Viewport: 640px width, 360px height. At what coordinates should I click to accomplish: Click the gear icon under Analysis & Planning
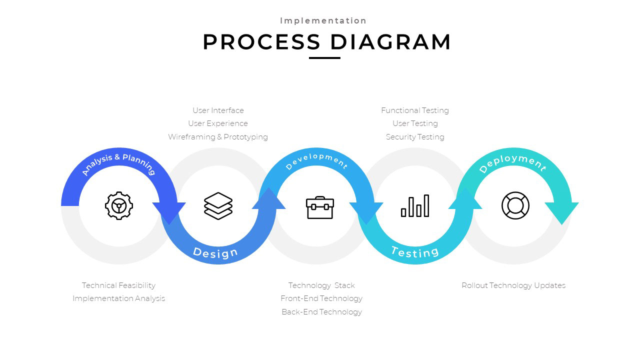(x=119, y=205)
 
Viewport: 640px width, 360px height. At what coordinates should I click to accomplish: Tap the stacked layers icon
(x=218, y=205)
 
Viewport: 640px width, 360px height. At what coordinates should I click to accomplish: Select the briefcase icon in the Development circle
(x=320, y=207)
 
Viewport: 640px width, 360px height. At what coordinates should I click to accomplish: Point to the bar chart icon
(x=415, y=206)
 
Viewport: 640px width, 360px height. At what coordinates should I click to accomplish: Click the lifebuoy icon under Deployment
(x=515, y=205)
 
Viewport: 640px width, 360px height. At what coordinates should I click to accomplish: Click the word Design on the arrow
(x=215, y=252)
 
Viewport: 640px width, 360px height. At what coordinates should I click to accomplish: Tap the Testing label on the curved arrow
(x=415, y=251)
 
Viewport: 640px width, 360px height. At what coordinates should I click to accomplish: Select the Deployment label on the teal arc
(x=512, y=162)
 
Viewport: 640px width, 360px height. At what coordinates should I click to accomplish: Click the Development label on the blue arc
(x=316, y=161)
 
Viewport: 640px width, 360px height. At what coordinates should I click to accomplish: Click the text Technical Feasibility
(x=118, y=285)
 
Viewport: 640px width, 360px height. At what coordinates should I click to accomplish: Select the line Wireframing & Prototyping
(x=218, y=137)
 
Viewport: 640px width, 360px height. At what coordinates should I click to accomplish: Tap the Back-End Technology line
(x=321, y=312)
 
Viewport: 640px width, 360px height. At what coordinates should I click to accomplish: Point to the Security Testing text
(x=415, y=137)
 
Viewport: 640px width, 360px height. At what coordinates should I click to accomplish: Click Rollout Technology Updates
(x=513, y=285)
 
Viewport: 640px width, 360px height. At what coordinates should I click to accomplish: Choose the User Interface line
(x=218, y=110)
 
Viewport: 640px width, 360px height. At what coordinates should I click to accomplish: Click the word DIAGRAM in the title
(x=390, y=42)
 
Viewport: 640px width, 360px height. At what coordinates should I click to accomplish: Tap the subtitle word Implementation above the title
(x=323, y=20)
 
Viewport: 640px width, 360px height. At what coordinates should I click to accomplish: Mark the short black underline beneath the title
(x=324, y=58)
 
